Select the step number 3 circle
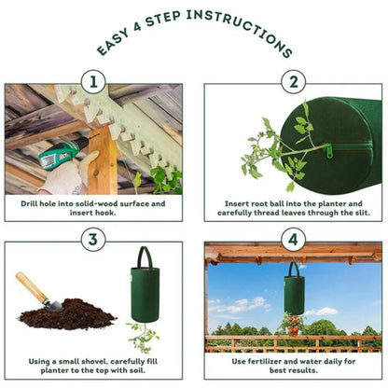92,240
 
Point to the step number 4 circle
293,240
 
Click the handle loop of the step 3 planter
145,256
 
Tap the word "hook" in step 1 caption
109,213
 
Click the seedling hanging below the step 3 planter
143,336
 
